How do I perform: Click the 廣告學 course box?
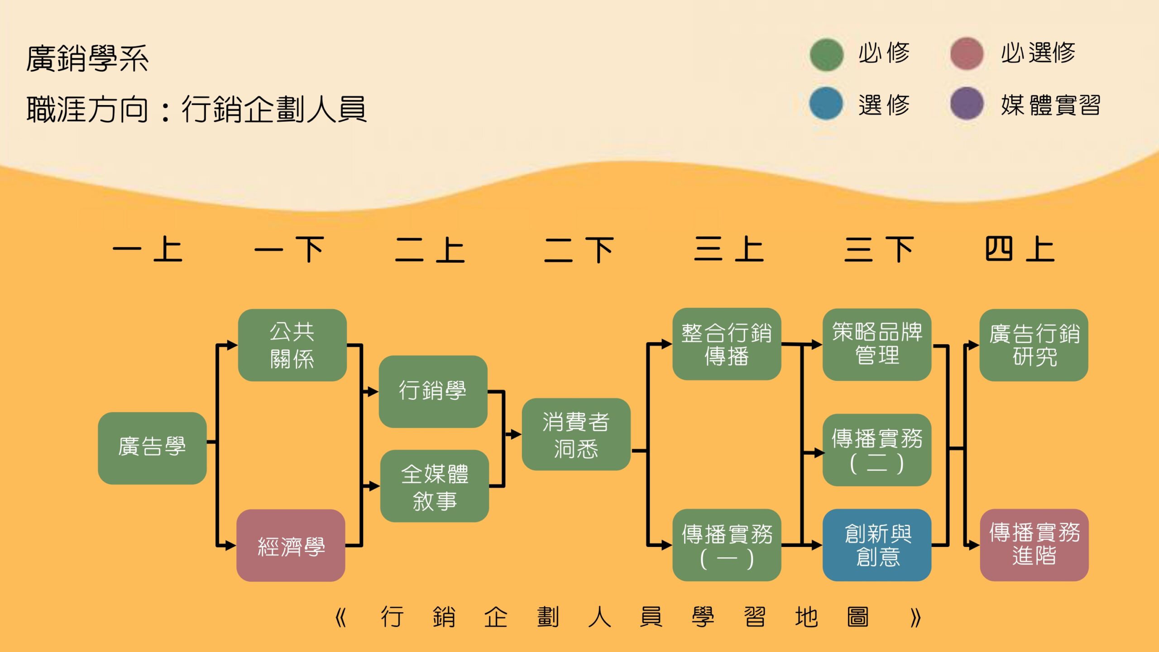[x=152, y=448]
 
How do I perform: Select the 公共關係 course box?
[x=292, y=345]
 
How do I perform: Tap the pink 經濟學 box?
[x=291, y=545]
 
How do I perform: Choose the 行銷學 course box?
[x=433, y=391]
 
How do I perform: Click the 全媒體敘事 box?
[x=434, y=486]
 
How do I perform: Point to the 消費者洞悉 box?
[x=576, y=434]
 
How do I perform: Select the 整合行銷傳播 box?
[x=727, y=344]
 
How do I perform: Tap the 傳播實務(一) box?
[x=727, y=545]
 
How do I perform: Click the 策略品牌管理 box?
[x=876, y=345]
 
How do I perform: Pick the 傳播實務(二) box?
[x=876, y=450]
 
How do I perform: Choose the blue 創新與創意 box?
[x=876, y=545]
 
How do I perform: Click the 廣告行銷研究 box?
[x=1034, y=345]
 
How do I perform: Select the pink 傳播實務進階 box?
[x=1034, y=545]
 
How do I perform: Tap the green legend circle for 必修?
[x=826, y=54]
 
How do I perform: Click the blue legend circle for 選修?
[x=826, y=104]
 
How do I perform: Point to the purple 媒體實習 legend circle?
[x=967, y=104]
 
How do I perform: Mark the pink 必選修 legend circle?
[x=967, y=54]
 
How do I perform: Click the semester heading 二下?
[x=579, y=250]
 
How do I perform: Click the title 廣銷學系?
[x=87, y=59]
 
